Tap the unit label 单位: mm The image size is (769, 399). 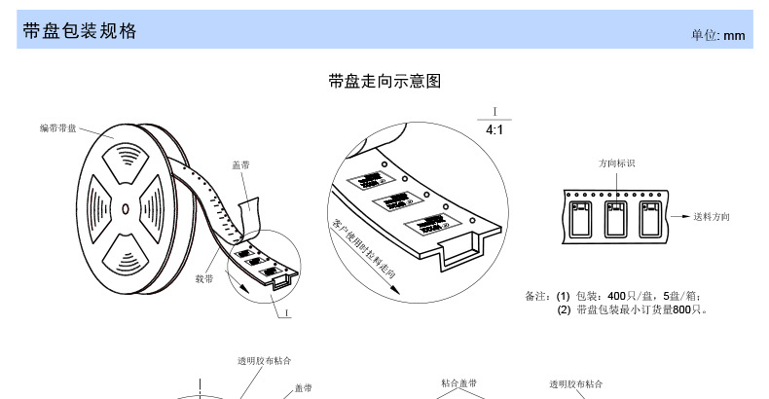(717, 34)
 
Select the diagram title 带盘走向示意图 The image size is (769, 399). (385, 81)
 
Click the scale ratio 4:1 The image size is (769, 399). (494, 129)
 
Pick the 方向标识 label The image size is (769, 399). (616, 163)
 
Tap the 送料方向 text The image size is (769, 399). (712, 215)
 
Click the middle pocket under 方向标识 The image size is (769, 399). (616, 217)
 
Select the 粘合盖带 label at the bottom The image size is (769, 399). (458, 383)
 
